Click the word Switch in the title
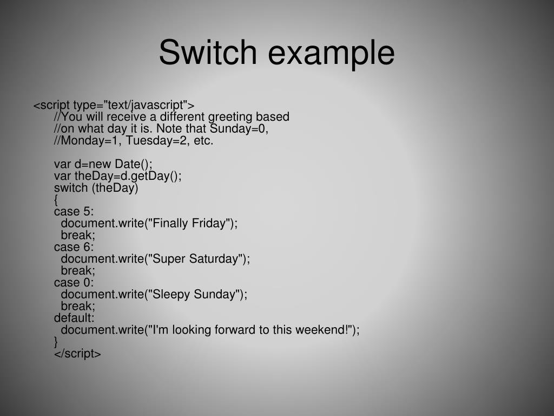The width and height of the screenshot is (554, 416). [207, 53]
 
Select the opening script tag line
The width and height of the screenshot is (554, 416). [114, 105]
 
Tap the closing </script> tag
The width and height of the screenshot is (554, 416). [77, 354]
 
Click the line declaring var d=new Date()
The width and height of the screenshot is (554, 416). [103, 164]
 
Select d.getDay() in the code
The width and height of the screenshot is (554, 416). [153, 176]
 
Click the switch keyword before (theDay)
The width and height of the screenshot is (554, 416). [71, 188]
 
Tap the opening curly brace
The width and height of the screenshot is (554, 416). [56, 200]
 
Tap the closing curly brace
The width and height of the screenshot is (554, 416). [56, 342]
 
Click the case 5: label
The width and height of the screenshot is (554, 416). [74, 212]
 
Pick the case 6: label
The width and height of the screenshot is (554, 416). [74, 247]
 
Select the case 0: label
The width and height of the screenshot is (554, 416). [74, 282]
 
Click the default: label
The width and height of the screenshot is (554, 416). [74, 318]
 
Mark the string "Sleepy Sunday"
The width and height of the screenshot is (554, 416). [194, 294]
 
